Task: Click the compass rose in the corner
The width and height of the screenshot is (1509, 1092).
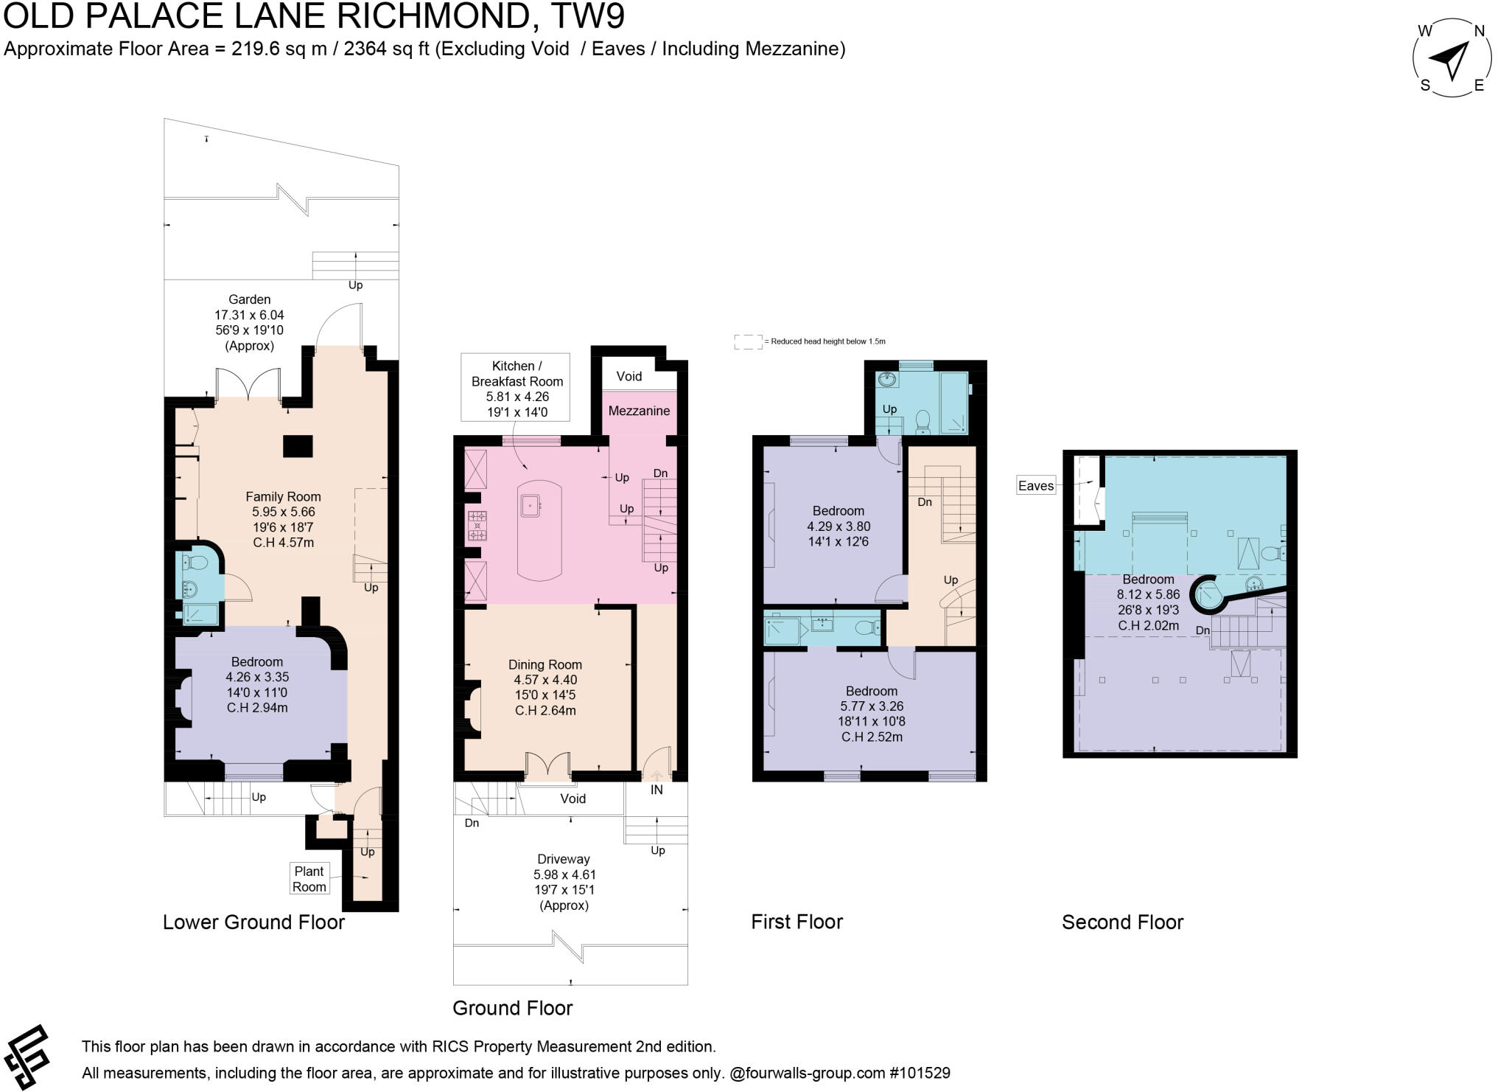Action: coord(1452,58)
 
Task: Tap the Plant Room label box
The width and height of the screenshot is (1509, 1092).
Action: coord(309,879)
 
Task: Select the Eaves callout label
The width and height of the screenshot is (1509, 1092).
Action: coord(1035,486)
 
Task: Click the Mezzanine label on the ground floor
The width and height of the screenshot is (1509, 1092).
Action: coord(639,411)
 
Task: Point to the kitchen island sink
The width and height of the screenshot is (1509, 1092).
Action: coord(530,505)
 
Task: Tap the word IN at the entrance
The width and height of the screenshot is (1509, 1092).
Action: coord(656,790)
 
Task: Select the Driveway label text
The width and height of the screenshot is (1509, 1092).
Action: coord(564,859)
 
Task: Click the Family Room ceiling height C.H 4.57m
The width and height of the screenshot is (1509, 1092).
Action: coord(283,543)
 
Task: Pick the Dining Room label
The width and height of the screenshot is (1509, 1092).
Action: coord(545,664)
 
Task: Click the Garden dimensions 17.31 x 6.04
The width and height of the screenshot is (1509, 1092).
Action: coord(249,315)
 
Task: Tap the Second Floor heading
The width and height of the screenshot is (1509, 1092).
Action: coord(1122,922)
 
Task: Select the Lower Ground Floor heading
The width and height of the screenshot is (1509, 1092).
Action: coord(253,922)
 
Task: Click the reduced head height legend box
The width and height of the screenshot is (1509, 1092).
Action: coord(748,341)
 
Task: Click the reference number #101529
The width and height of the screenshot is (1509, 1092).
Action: coord(920,1073)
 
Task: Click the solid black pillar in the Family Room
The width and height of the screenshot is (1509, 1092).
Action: coord(298,446)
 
